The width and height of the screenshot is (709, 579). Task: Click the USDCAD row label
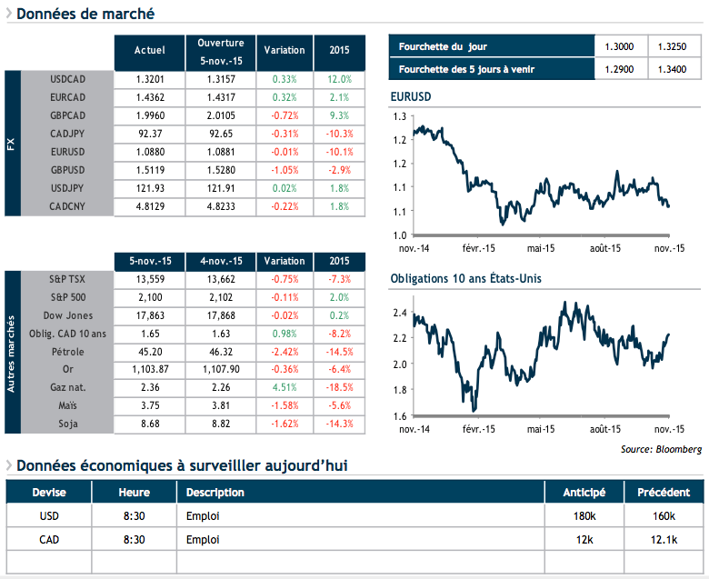tap(68, 79)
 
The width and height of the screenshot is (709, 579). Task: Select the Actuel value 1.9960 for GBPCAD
tap(149, 115)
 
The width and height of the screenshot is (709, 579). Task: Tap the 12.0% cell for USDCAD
tap(339, 79)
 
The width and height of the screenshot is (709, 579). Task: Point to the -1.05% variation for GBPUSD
tap(285, 170)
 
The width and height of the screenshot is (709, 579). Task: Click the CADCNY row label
tap(68, 206)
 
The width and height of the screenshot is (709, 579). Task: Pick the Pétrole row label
tap(68, 352)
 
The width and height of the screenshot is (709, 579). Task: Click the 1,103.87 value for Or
tap(148, 370)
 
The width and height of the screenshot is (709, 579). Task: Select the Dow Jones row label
tap(68, 315)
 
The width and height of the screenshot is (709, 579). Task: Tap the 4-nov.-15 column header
tap(221, 262)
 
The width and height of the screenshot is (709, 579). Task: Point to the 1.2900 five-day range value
tap(620, 69)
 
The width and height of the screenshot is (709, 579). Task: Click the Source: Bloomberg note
tap(663, 449)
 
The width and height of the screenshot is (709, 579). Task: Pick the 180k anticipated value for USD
tap(584, 516)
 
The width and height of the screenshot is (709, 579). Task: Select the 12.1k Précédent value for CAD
tap(664, 540)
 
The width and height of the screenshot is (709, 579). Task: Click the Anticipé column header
tap(584, 493)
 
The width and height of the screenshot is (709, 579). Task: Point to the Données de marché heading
tap(85, 15)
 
